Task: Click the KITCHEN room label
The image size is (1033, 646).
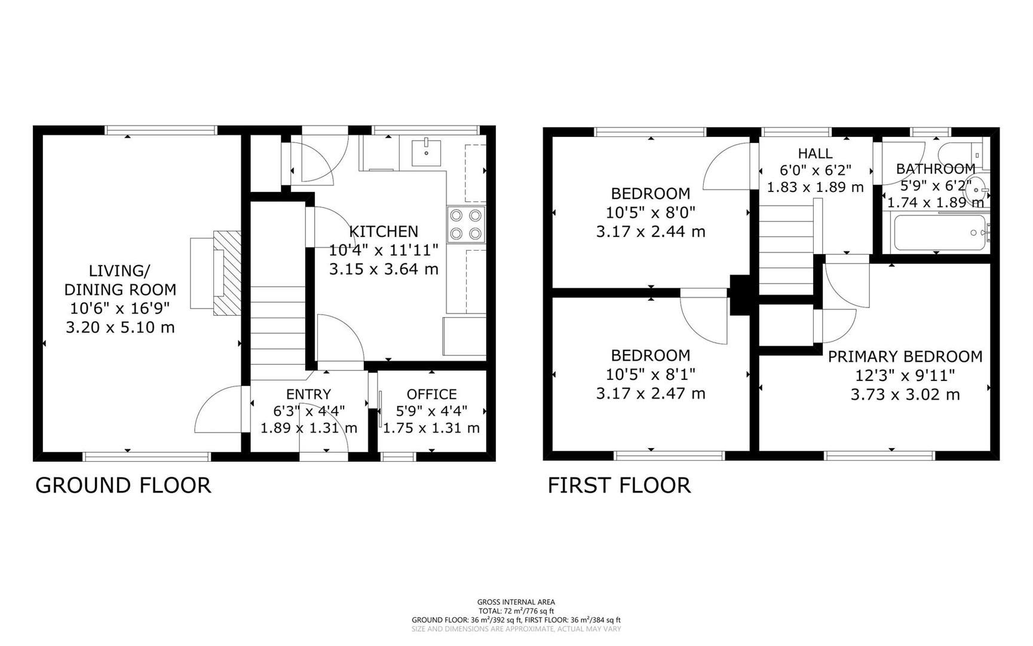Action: tap(384, 231)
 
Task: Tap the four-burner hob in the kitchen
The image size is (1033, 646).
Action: tap(465, 224)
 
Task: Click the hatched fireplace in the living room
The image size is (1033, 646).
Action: tap(227, 273)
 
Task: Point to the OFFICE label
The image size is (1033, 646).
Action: tap(431, 394)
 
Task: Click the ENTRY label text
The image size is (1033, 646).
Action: tap(308, 394)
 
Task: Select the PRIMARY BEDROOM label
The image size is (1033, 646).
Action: tap(905, 356)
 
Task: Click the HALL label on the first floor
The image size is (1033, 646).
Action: tap(815, 154)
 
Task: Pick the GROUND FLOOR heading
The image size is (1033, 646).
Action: tap(123, 485)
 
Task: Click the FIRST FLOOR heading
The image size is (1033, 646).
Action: tap(619, 485)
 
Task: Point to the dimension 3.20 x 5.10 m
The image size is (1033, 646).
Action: tap(120, 327)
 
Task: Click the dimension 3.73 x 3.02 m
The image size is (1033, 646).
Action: tap(905, 395)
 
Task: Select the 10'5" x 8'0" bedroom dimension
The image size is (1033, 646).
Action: tap(650, 212)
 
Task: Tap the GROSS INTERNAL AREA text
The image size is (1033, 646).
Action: tap(516, 602)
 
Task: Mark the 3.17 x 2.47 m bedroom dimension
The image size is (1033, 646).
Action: tap(650, 394)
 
